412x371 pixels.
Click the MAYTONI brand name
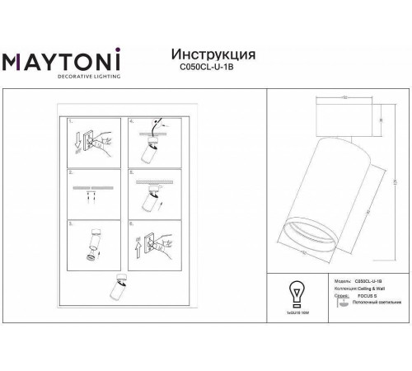click(x=63, y=62)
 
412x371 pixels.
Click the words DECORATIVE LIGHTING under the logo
click(x=63, y=77)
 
